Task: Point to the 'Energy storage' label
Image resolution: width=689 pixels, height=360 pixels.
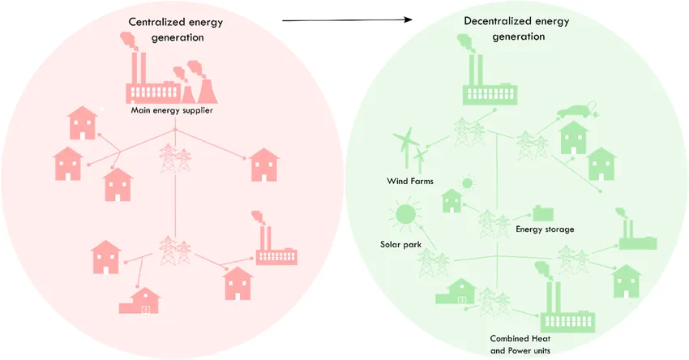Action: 545,229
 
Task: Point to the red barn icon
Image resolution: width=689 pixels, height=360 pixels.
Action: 139,302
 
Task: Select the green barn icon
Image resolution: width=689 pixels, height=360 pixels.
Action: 456,291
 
